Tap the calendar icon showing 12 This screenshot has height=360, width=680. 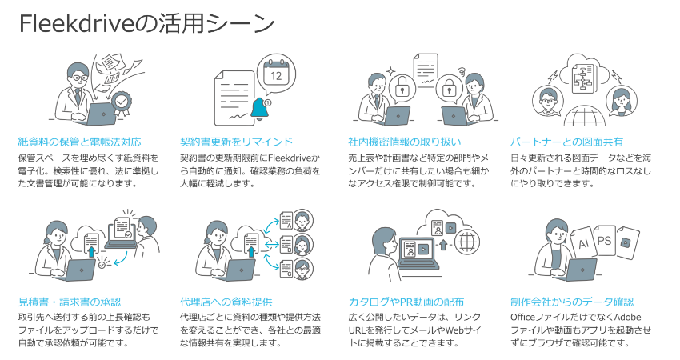pyautogui.click(x=277, y=74)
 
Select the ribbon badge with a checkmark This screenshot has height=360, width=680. pyautogui.click(x=122, y=101)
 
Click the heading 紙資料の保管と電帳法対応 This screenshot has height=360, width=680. pyautogui.click(x=79, y=142)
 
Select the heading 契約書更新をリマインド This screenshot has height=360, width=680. pyautogui.click(x=237, y=142)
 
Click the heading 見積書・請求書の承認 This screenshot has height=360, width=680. pyautogui.click(x=69, y=302)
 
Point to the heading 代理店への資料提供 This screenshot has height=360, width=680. pyautogui.click(x=226, y=302)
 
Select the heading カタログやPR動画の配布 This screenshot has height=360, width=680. pyautogui.click(x=406, y=302)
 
